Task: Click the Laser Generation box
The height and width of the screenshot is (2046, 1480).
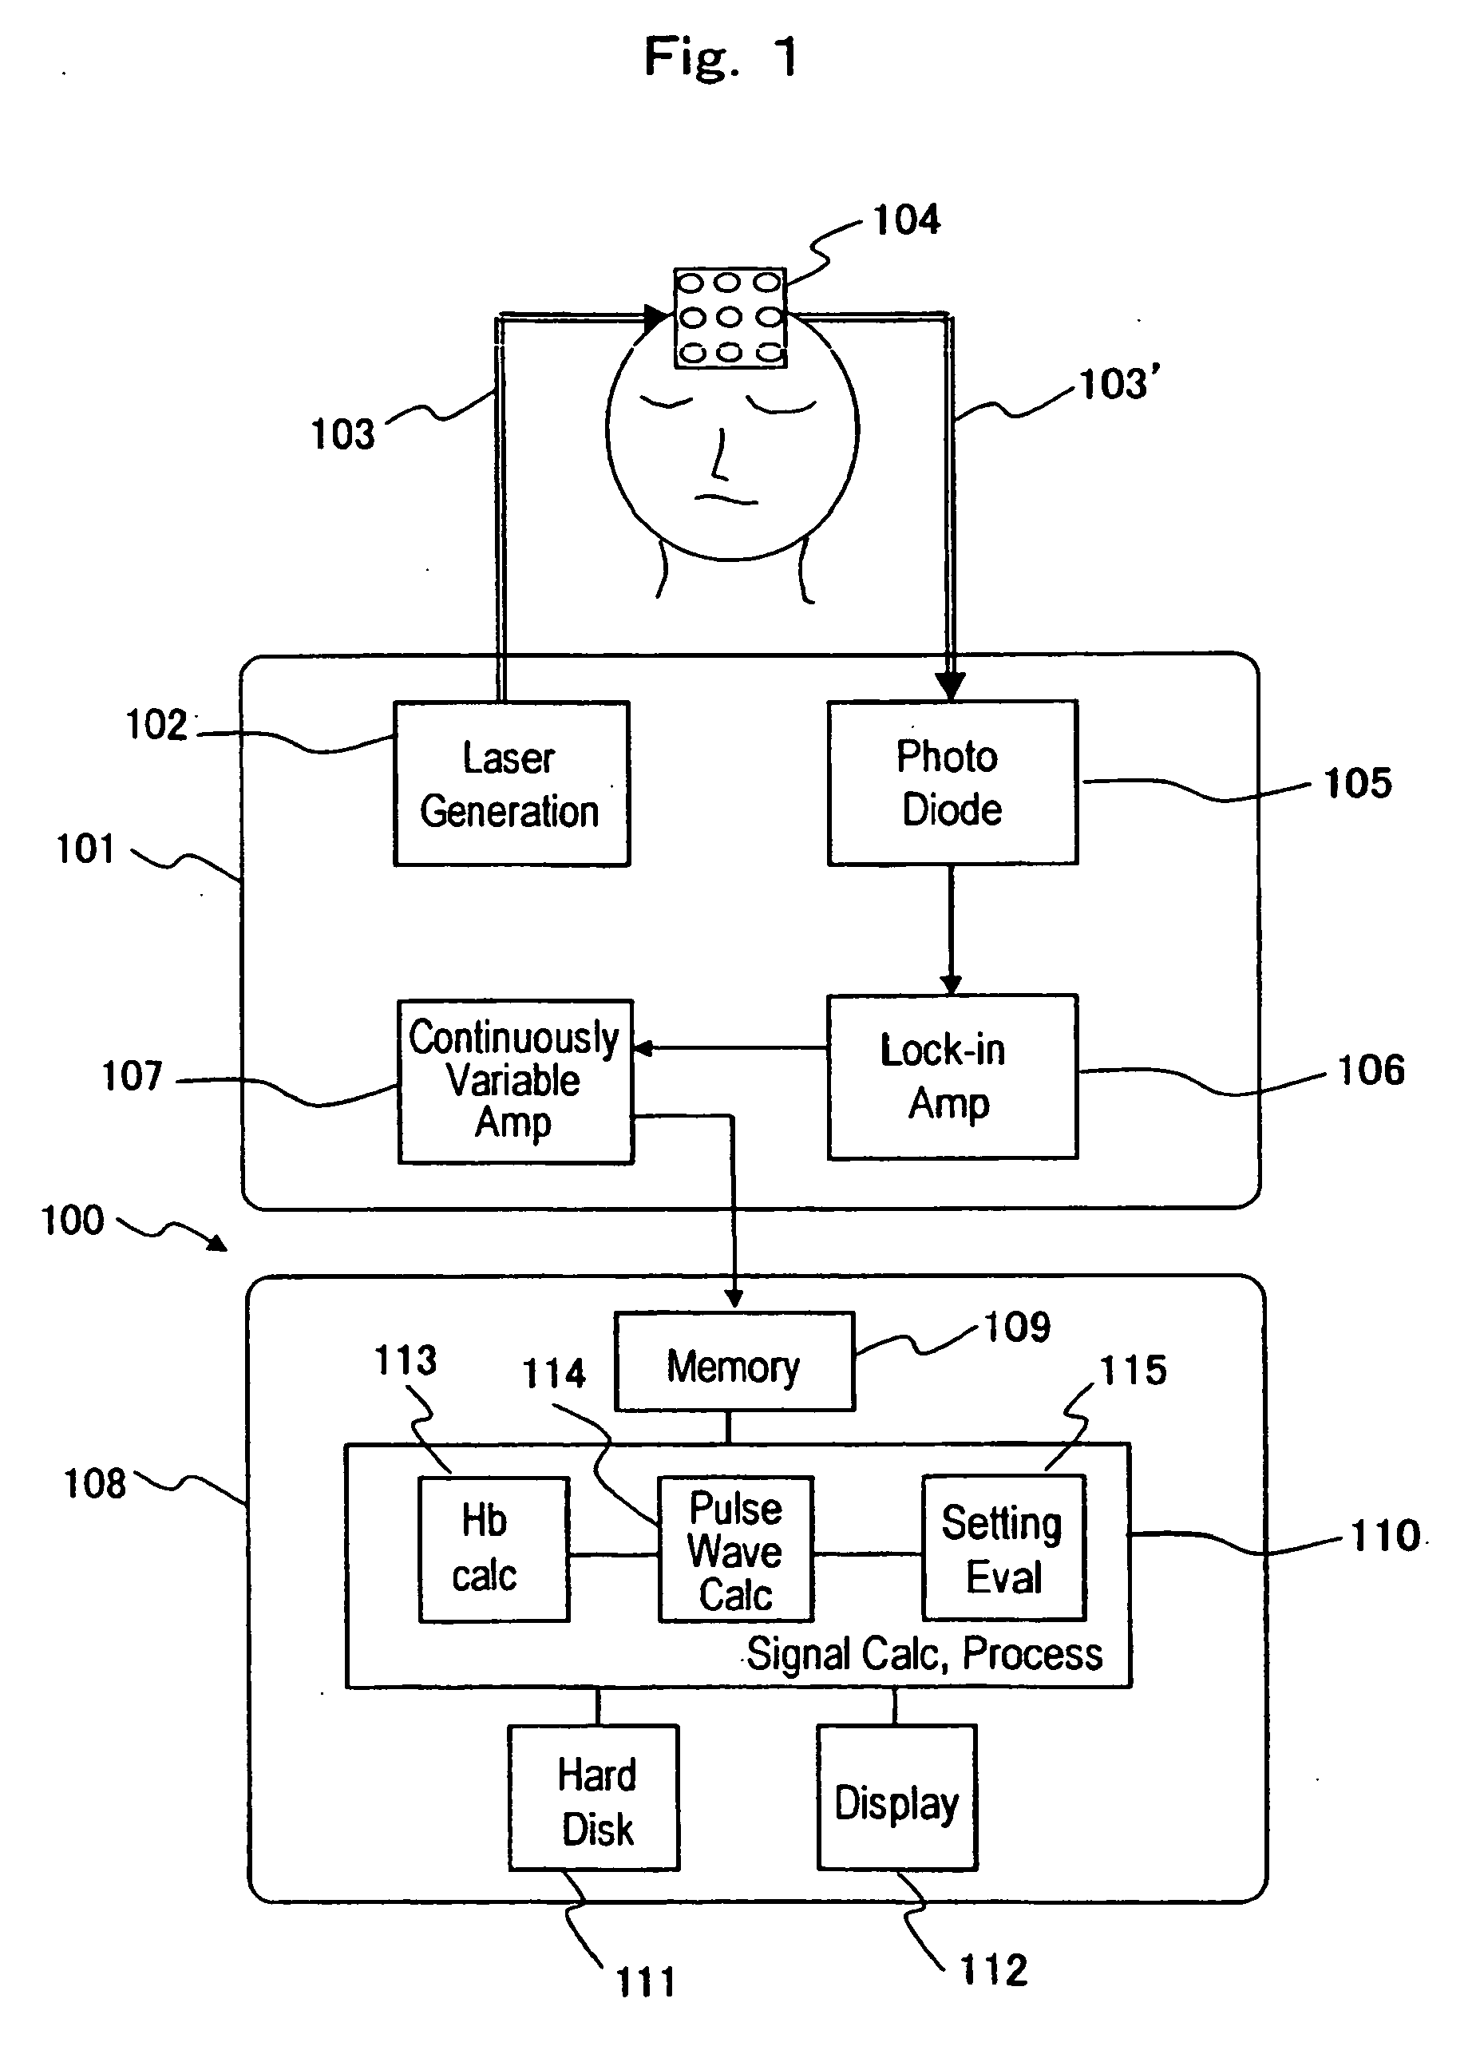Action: point(512,784)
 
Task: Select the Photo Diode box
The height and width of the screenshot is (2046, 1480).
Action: point(952,782)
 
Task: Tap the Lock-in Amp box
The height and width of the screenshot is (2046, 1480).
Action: point(952,1076)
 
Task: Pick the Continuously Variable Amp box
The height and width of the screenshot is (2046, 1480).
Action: point(516,1082)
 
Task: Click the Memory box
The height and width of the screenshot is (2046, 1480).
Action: point(734,1361)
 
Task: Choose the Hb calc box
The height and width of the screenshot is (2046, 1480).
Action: point(494,1549)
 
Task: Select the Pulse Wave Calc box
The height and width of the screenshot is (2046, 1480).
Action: point(736,1549)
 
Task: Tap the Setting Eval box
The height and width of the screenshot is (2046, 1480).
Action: point(1003,1548)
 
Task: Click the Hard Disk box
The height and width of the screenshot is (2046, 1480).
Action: point(595,1798)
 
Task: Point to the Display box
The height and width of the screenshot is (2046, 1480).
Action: point(897,1798)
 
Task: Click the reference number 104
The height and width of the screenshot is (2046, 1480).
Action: point(906,220)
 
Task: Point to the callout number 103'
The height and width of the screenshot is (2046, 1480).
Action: point(1119,383)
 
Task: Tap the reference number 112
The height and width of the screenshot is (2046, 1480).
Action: point(994,1970)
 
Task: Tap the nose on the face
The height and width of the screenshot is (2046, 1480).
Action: point(721,456)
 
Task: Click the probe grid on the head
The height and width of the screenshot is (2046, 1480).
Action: point(730,318)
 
